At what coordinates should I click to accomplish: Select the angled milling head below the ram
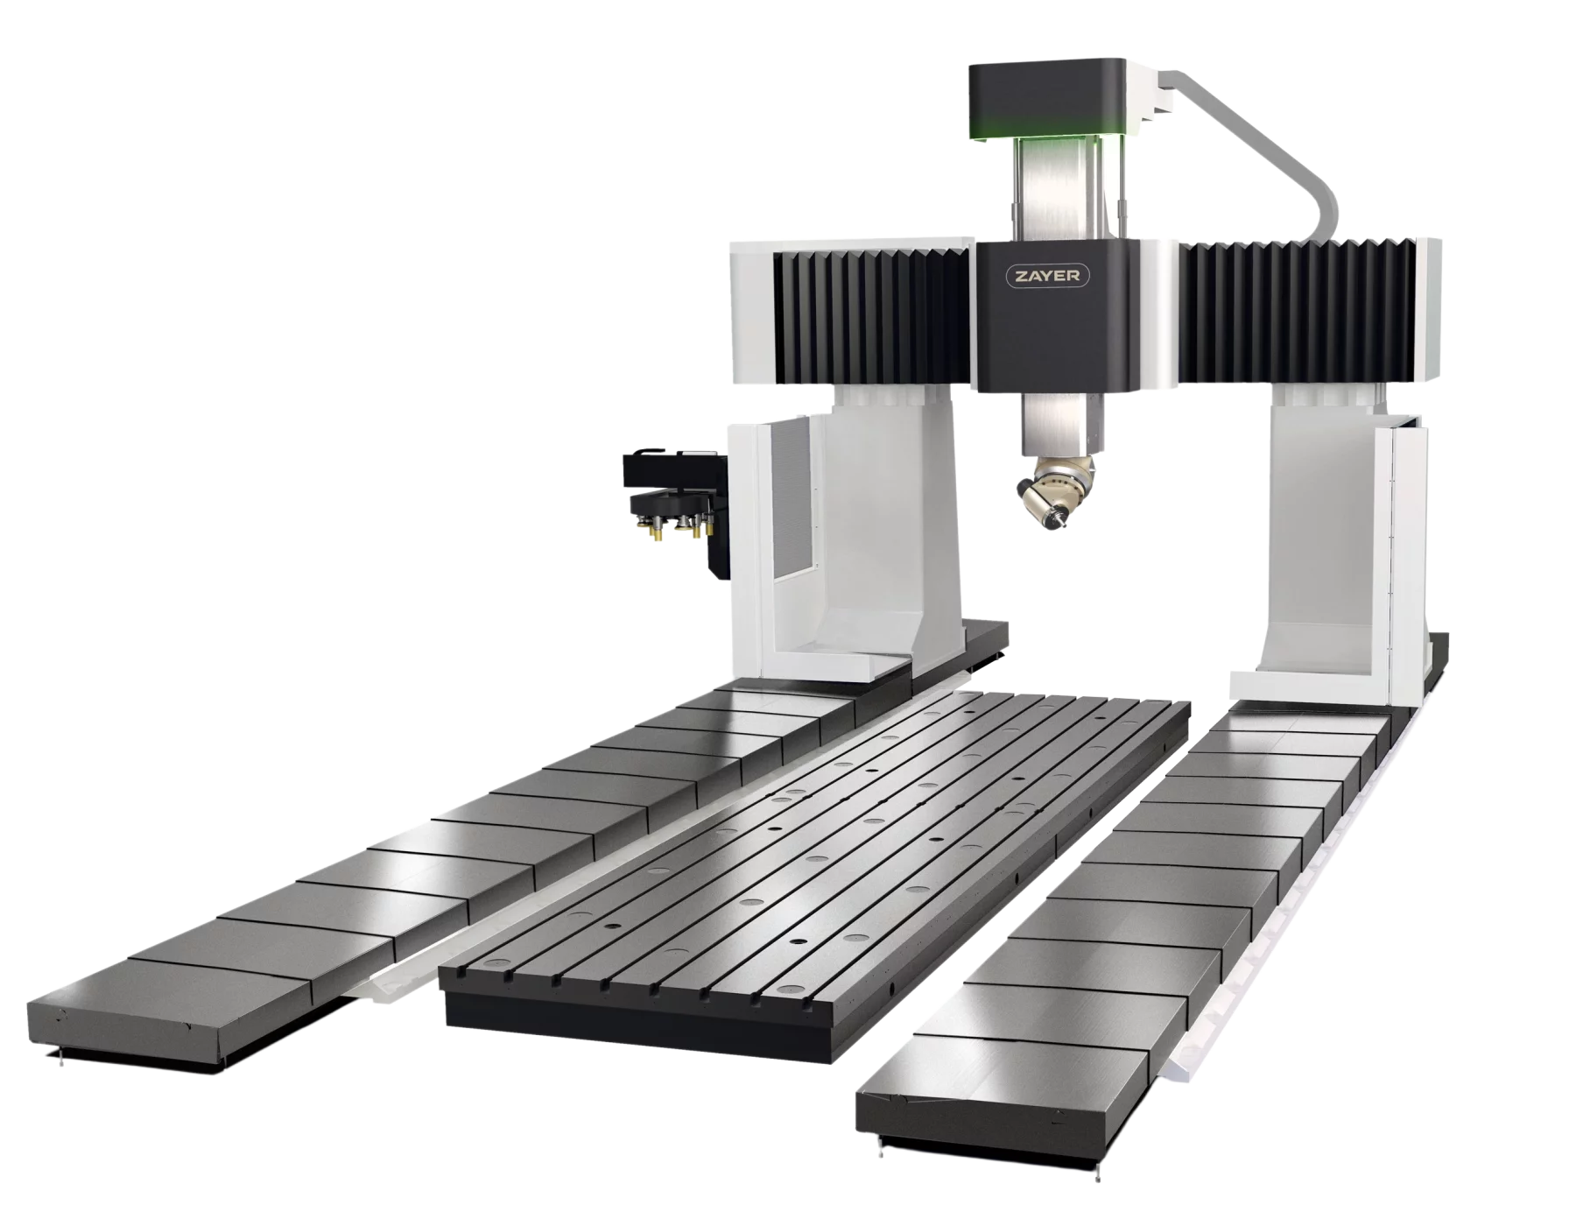click(1052, 491)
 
